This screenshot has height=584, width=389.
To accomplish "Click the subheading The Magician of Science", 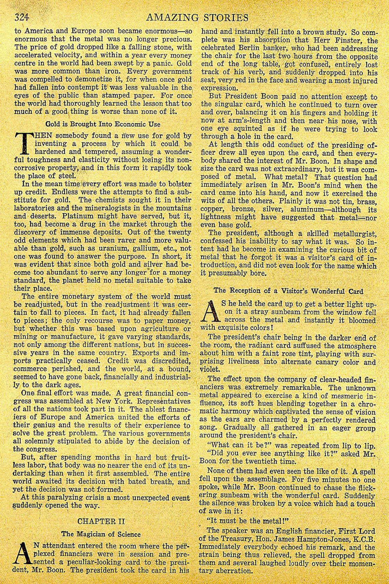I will tap(101, 534).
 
